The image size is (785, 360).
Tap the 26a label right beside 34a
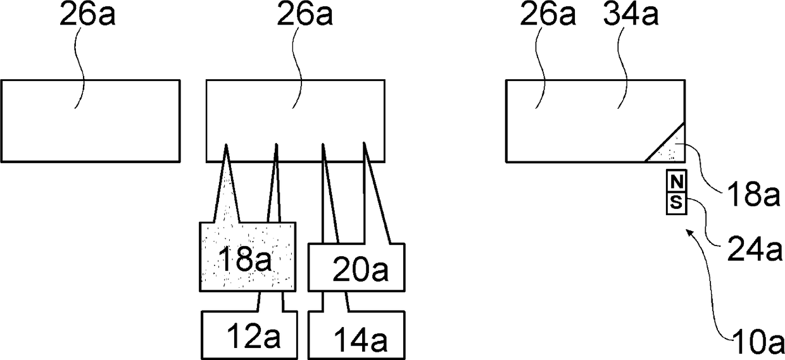[548, 17]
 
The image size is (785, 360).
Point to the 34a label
[629, 17]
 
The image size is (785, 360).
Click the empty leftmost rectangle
[91, 120]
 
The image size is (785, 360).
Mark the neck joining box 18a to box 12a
[270, 302]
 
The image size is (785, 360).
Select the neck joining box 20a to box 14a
[336, 302]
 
